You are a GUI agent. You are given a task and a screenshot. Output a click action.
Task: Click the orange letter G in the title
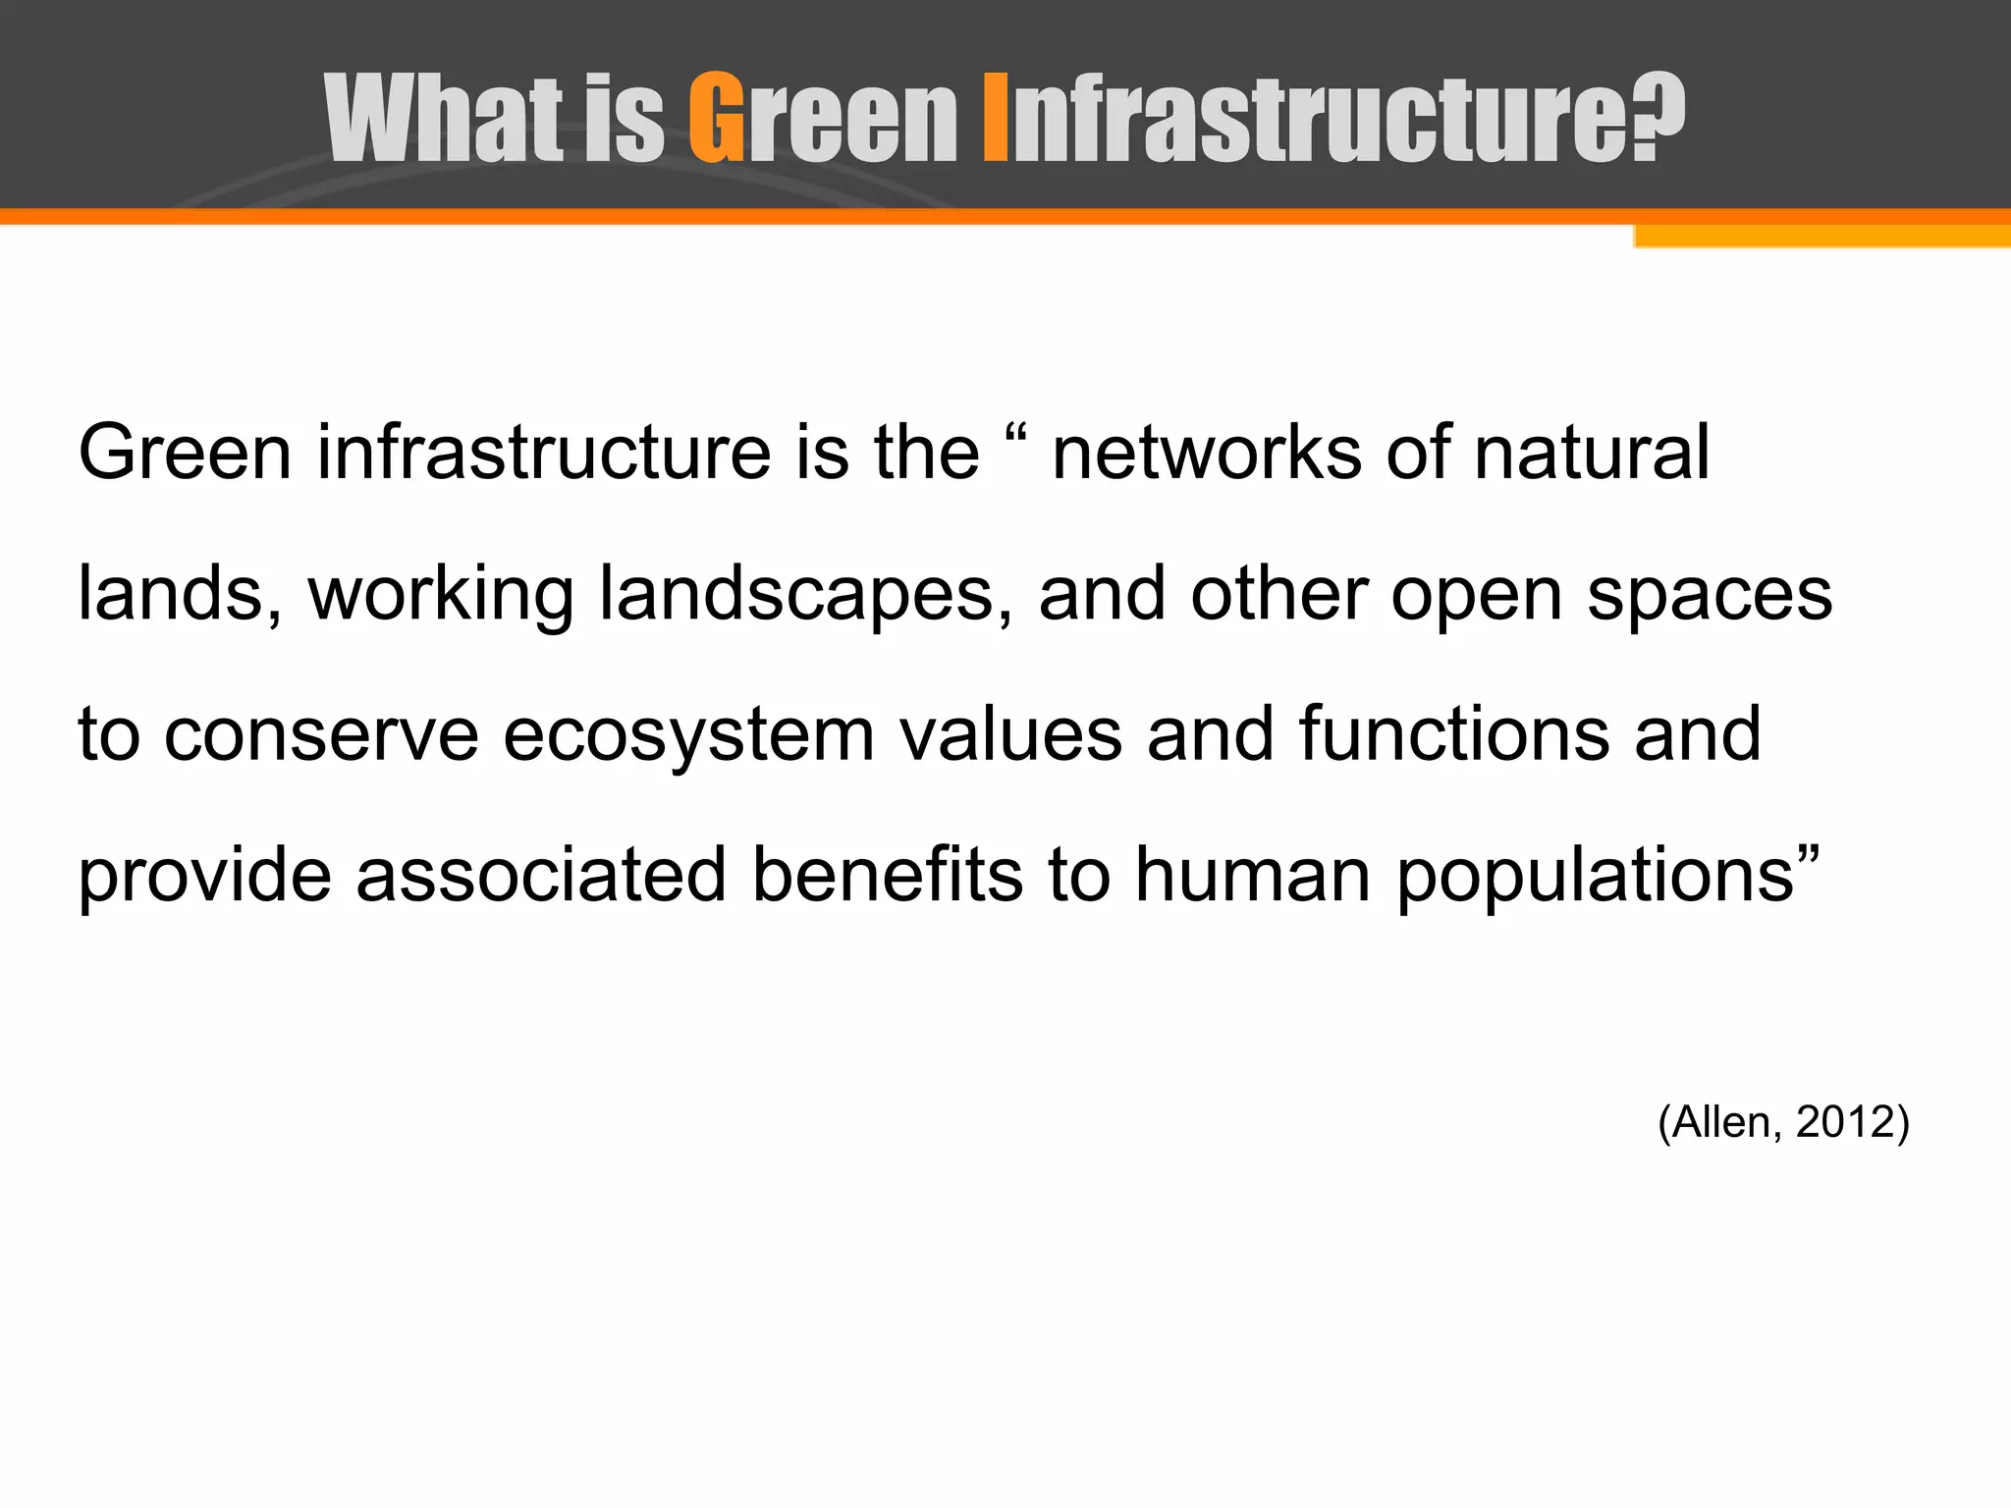716,118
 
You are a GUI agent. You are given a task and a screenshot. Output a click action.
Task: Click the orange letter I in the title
995,118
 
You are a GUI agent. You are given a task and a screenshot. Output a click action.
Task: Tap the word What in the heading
444,118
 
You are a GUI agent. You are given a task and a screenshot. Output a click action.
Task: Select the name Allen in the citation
1722,1121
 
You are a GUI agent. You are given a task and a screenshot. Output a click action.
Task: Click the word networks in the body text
1207,454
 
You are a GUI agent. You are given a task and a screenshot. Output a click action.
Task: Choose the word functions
1454,734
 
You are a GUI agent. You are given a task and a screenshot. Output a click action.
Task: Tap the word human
1252,875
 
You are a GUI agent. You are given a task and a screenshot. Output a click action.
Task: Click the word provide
204,877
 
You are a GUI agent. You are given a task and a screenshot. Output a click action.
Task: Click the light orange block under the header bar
1821,237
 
